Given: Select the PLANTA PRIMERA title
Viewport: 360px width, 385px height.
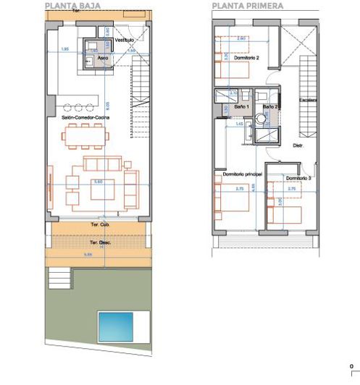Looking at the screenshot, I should [248, 5].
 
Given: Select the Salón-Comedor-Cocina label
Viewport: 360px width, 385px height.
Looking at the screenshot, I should [85, 116].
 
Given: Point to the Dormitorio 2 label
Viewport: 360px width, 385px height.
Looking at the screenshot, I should [246, 58].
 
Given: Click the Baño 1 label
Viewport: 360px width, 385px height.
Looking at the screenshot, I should [241, 106].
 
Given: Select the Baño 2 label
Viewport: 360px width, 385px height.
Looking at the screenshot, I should [270, 106].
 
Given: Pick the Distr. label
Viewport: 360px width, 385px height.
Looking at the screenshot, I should [297, 145].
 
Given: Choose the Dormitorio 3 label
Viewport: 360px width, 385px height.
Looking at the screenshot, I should [298, 177].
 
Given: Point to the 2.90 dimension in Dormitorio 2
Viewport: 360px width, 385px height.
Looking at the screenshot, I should [243, 38].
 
